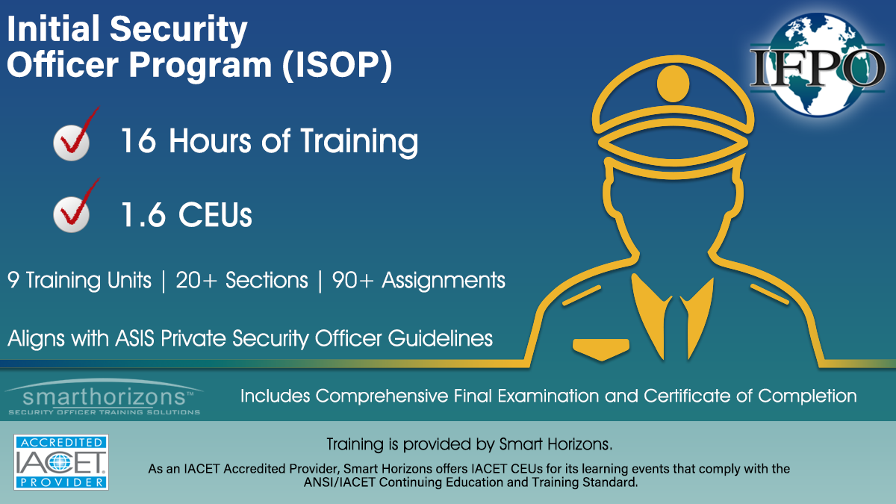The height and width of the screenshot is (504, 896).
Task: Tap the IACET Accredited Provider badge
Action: coord(61,462)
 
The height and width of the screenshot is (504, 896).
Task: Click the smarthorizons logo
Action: coord(104,397)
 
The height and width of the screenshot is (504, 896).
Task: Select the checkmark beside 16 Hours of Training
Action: coord(76,134)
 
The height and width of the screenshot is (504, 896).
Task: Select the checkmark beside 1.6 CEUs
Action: coord(76,205)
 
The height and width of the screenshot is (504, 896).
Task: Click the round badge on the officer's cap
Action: coord(673,84)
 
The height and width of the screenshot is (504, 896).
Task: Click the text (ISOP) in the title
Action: coord(337,65)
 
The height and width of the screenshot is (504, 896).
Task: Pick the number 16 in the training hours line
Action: coord(138,140)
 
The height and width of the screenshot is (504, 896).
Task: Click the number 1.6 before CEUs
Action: coord(143,215)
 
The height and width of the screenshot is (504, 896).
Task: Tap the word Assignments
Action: coord(444,281)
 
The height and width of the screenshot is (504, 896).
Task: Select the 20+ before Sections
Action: coord(196,280)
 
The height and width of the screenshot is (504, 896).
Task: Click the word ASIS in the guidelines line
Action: coord(135,338)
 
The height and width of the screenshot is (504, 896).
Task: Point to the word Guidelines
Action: coord(440,338)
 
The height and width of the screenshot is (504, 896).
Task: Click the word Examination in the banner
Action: coord(547,396)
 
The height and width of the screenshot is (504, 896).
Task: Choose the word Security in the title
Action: coord(178,30)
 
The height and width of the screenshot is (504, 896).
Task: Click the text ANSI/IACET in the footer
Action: coord(339,482)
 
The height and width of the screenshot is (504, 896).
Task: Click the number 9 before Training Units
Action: coord(13,280)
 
